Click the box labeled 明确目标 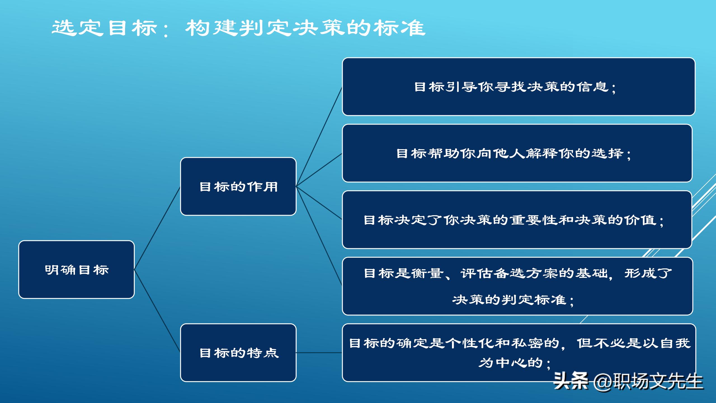[x=76, y=270]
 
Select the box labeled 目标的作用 [x=238, y=186]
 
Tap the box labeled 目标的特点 [x=238, y=353]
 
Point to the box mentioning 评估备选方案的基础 [x=517, y=286]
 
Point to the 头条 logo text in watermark [x=571, y=381]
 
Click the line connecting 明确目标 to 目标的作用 [x=157, y=228]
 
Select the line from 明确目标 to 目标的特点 [x=157, y=311]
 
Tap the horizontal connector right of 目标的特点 [x=319, y=353]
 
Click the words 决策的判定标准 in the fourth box [x=509, y=300]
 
